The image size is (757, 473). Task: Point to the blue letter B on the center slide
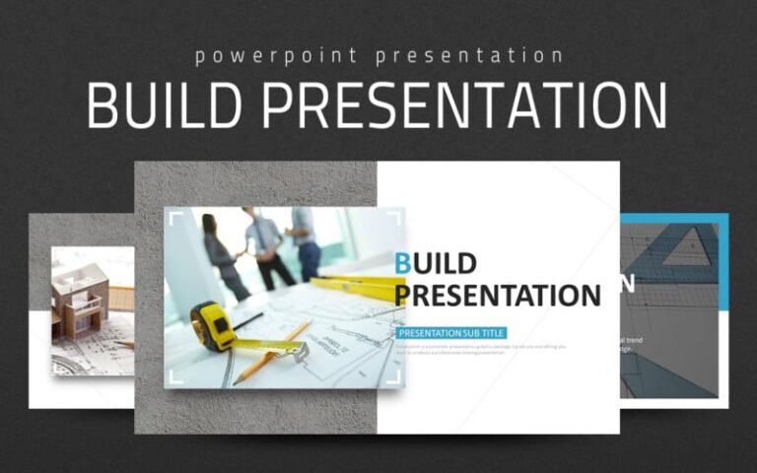[x=403, y=263]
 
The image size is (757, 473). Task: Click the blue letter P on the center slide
[x=402, y=295]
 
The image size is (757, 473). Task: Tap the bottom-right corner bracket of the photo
[x=396, y=379]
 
